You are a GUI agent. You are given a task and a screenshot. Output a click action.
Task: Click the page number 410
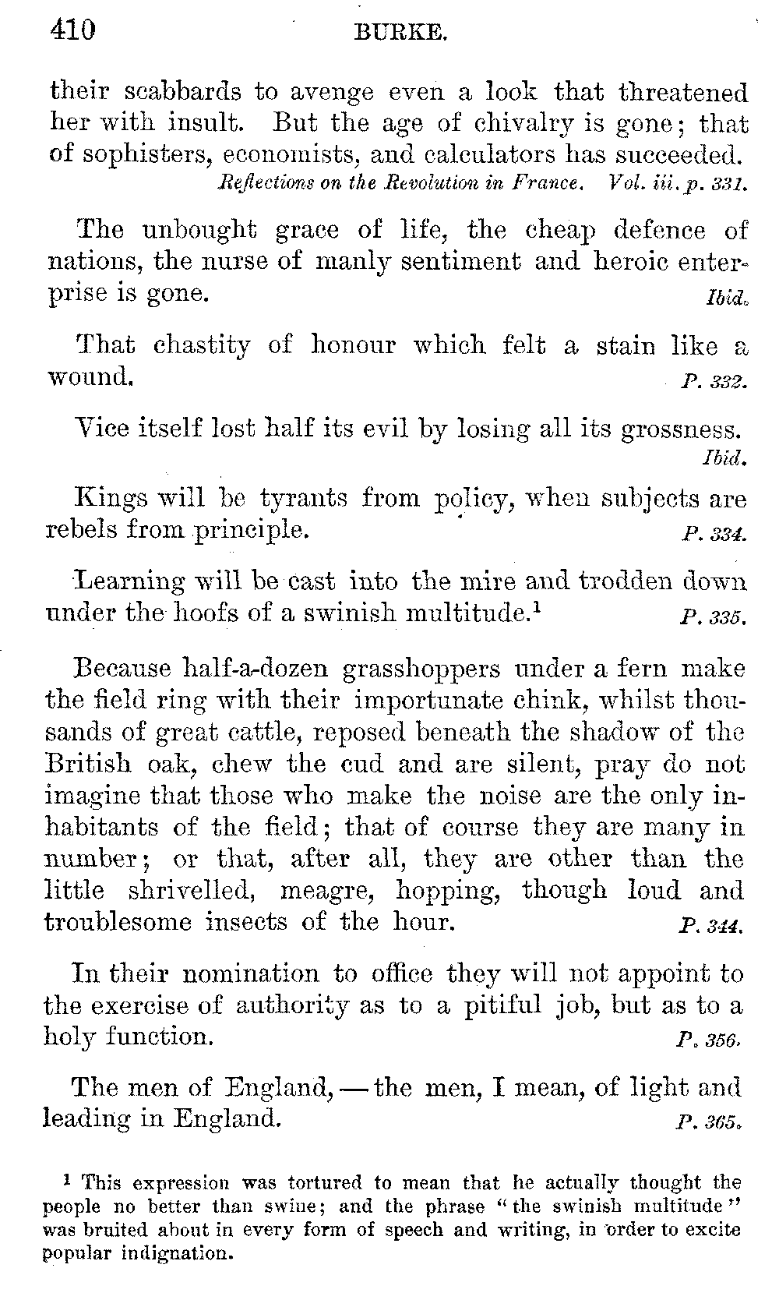coord(72,30)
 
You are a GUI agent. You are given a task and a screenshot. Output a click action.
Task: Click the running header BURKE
coord(400,33)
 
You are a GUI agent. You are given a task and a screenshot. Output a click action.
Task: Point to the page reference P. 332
coord(713,383)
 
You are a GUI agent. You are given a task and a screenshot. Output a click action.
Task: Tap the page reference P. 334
coord(713,535)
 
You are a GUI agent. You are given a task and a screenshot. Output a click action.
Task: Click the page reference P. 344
coord(713,927)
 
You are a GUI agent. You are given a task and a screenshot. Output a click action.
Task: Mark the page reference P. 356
coord(713,1041)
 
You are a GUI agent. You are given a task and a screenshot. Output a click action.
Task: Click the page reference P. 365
coord(713,1124)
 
